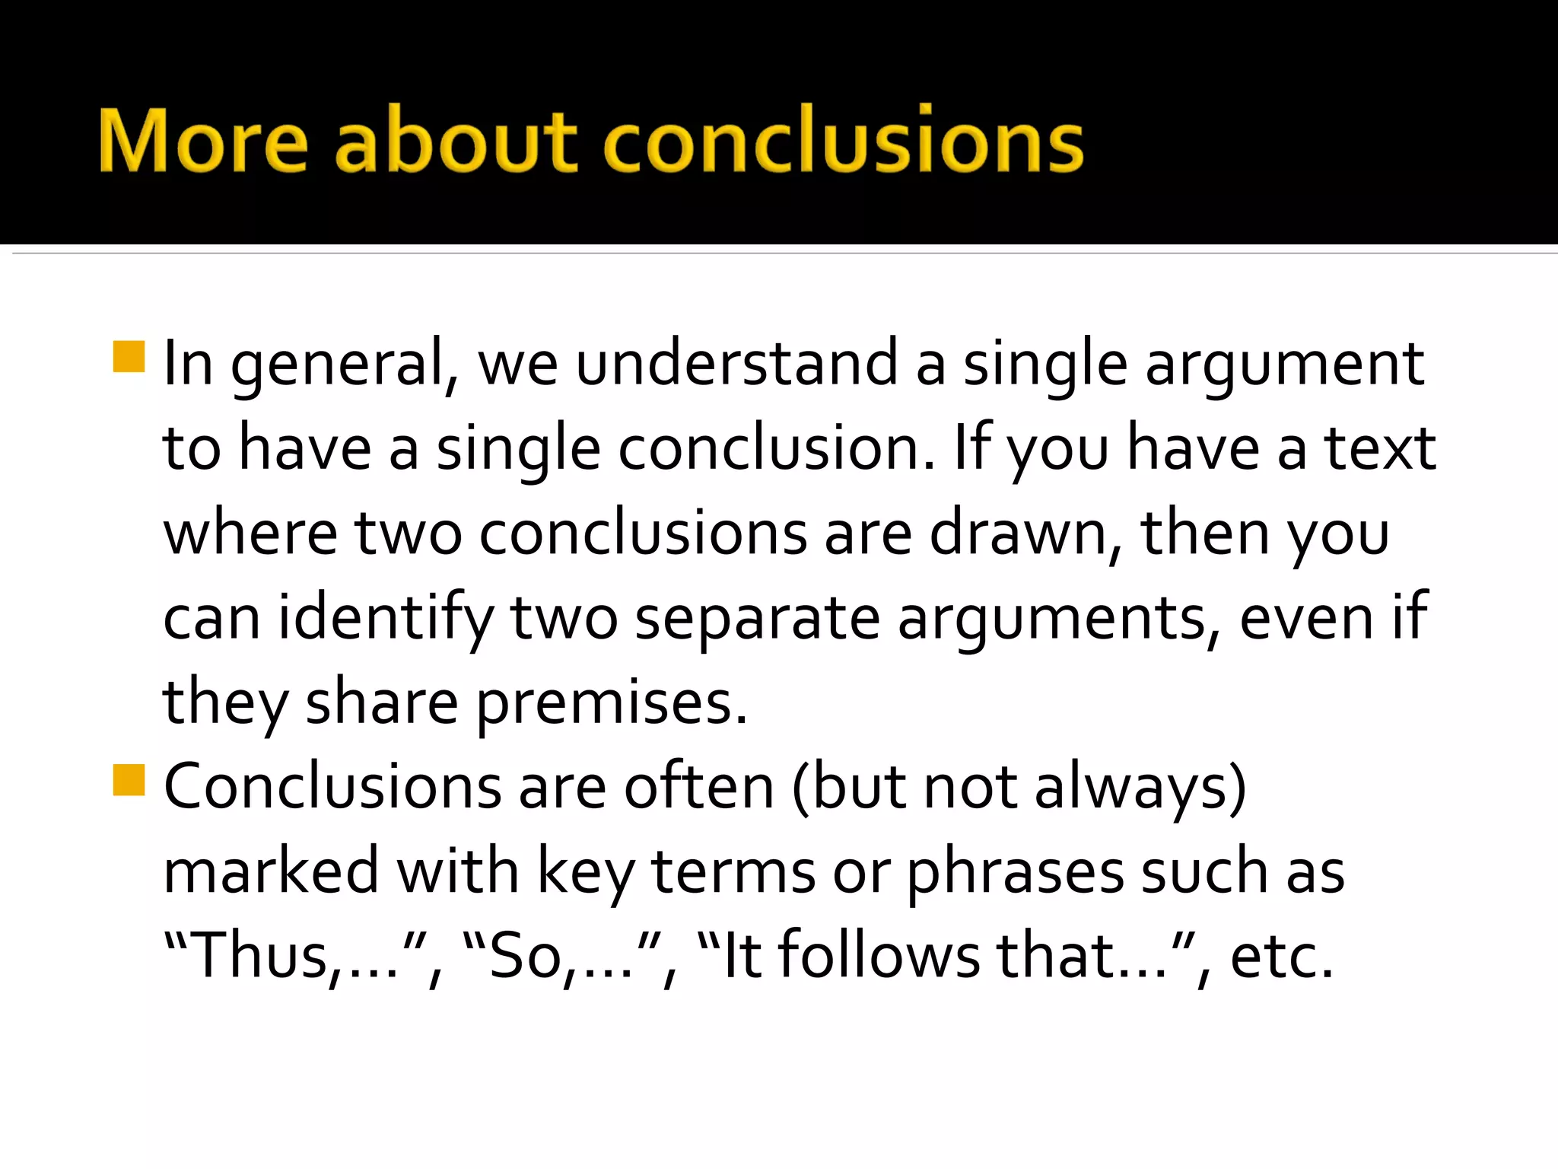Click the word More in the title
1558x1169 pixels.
(203, 142)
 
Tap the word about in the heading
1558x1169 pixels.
(456, 142)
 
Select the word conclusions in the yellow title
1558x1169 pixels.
(843, 142)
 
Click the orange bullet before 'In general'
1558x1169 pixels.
(129, 357)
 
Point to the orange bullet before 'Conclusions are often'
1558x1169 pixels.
(129, 780)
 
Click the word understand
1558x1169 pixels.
(736, 364)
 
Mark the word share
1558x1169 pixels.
(382, 702)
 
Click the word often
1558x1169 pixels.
(698, 787)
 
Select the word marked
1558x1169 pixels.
(271, 871)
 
